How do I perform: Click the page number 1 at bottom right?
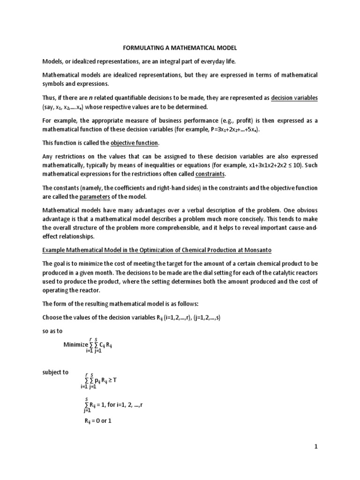point(316,447)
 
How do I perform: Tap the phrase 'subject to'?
point(55,373)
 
